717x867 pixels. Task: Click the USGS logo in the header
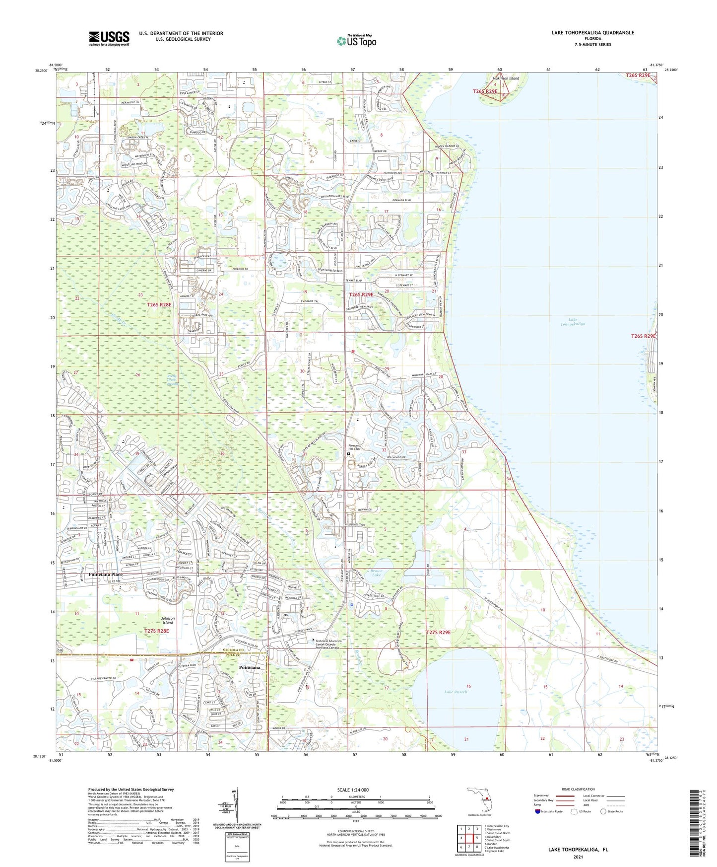(x=109, y=38)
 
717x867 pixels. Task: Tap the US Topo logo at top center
(x=356, y=41)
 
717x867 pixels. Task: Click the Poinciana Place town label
(x=105, y=574)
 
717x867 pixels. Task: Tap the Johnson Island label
(x=168, y=620)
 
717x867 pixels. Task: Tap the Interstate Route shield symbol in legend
(x=538, y=811)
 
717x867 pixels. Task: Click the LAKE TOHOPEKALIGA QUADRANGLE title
(x=592, y=33)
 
